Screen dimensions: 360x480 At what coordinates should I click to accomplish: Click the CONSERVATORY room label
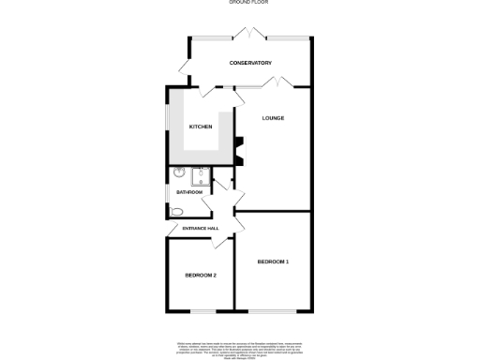250,63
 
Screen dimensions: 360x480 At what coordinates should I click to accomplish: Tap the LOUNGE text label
273,118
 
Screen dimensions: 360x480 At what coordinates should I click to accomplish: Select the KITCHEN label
201,127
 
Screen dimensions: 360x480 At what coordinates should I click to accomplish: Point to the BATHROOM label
189,192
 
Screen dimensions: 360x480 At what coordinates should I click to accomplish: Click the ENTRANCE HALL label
201,229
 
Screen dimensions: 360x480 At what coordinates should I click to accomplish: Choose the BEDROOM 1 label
273,261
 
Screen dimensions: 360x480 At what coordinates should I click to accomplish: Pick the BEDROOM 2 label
201,275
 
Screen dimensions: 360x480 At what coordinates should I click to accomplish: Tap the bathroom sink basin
178,172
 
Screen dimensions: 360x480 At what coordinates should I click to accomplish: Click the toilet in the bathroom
177,213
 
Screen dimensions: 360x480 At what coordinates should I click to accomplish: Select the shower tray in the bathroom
201,177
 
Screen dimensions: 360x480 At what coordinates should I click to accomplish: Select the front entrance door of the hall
221,241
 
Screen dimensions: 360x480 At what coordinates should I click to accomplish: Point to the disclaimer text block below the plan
234,346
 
